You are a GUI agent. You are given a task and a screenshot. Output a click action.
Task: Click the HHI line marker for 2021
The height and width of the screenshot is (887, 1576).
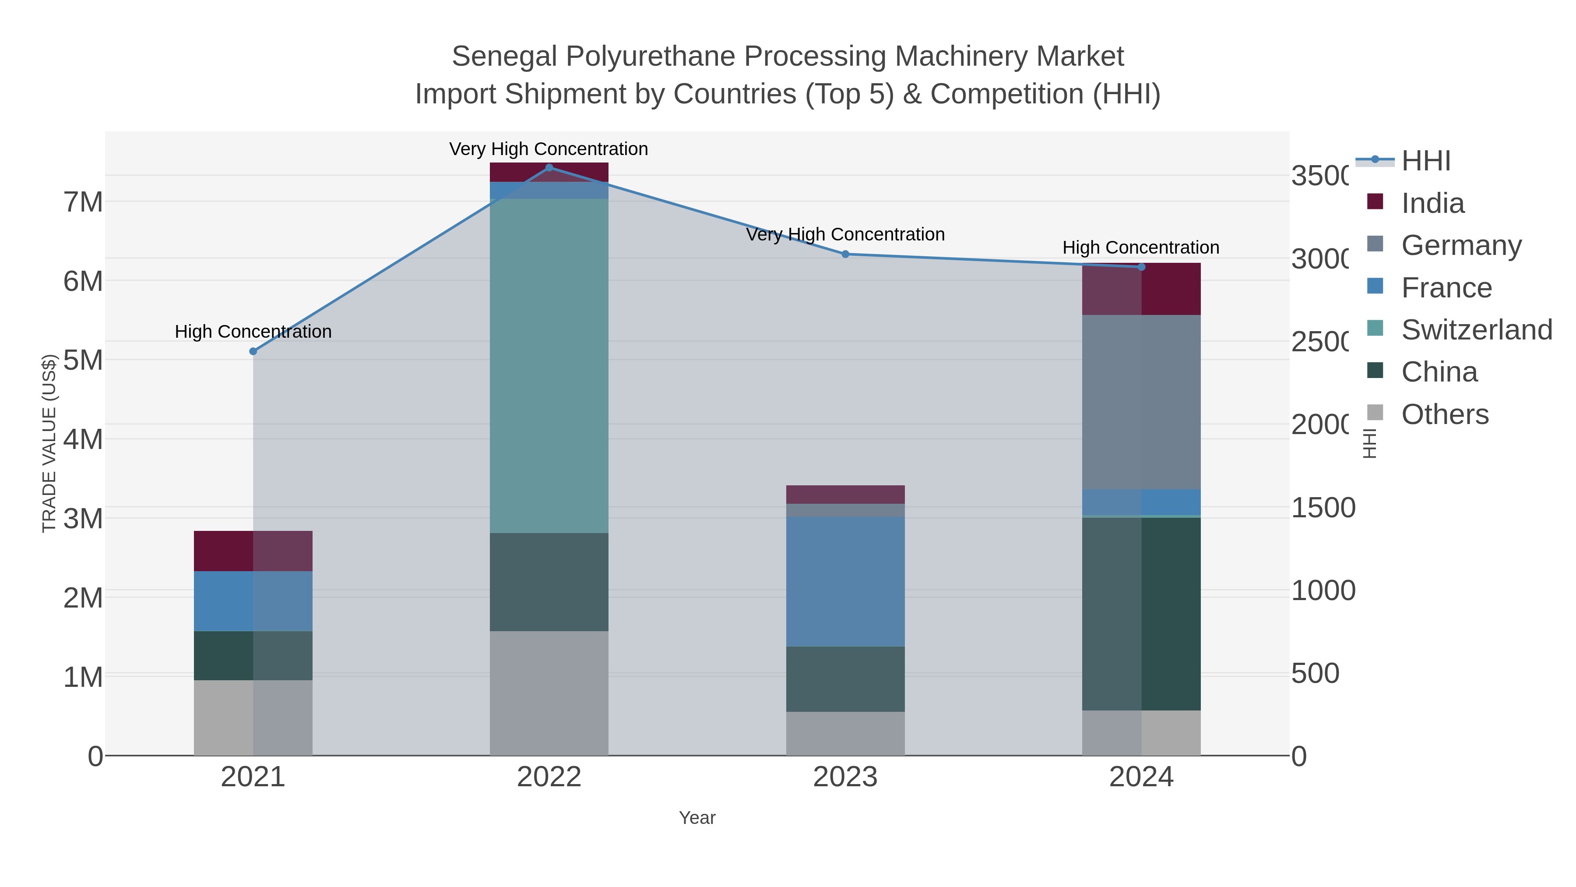click(x=253, y=351)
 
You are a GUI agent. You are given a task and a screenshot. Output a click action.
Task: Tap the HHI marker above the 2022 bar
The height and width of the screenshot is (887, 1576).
click(x=549, y=168)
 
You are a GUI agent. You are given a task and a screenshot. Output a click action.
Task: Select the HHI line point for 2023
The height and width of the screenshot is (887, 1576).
click(x=845, y=254)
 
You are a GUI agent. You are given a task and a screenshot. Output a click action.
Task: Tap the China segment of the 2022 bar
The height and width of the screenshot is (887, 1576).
click(x=549, y=582)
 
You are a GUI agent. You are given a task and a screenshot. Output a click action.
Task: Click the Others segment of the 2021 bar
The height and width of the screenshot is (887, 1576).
click(x=253, y=717)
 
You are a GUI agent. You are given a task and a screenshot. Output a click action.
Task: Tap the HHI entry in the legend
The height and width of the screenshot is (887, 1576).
click(x=1425, y=161)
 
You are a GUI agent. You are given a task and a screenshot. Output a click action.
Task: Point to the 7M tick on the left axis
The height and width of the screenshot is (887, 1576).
click(x=83, y=202)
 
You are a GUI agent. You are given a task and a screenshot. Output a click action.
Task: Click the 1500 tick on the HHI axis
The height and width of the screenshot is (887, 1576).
click(x=1323, y=508)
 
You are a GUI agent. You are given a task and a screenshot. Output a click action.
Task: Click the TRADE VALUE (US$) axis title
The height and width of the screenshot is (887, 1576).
click(x=49, y=443)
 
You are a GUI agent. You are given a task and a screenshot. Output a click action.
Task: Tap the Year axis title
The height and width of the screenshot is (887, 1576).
click(x=697, y=818)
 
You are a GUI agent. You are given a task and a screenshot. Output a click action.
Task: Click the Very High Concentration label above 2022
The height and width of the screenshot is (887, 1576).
click(x=549, y=149)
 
